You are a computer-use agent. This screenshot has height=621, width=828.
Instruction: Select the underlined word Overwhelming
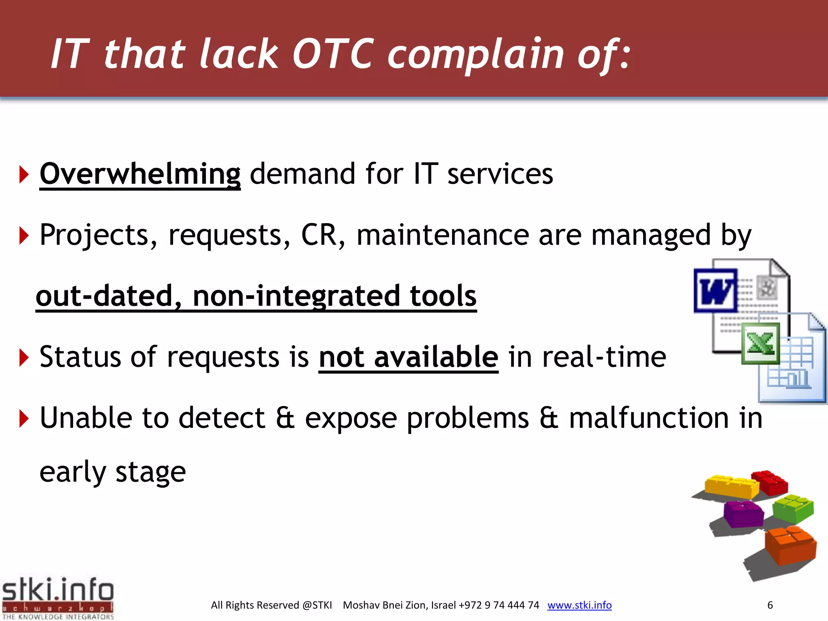[140, 174]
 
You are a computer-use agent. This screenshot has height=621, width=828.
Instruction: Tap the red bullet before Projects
[24, 236]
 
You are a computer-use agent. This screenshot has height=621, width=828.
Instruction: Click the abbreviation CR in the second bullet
[319, 235]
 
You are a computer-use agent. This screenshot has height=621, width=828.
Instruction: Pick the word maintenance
[443, 235]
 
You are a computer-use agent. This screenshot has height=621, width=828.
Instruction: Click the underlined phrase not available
[408, 357]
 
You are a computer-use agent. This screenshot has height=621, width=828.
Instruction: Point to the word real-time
[587, 357]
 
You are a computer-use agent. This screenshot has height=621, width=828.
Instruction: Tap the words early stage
[112, 472]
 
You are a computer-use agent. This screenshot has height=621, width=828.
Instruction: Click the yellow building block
[731, 486]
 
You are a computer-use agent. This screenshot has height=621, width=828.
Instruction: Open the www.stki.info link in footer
[579, 605]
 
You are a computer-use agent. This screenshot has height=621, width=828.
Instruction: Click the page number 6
[770, 605]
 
